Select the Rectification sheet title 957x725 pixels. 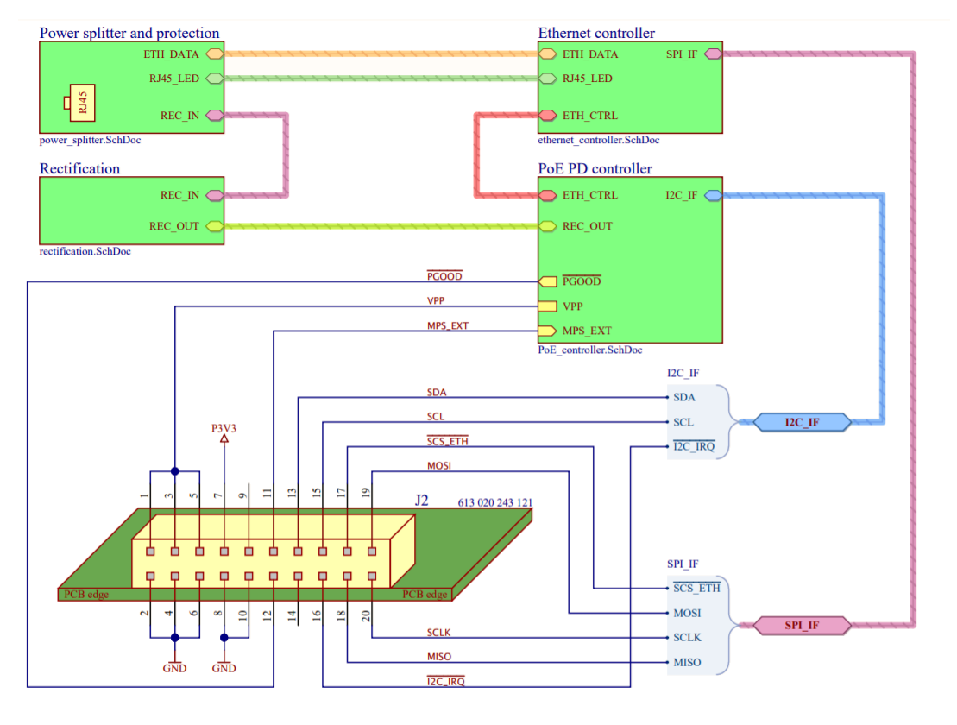pos(79,168)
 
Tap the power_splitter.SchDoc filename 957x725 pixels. pos(90,140)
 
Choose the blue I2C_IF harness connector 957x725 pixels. pos(802,422)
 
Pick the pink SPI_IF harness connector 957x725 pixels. pos(802,624)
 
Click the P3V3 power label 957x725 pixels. pos(224,428)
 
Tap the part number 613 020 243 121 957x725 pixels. pos(494,502)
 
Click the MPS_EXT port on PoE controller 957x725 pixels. pos(546,331)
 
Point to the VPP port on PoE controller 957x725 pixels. pos(546,306)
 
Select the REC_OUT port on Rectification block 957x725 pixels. pos(215,227)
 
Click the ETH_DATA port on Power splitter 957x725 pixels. pos(215,54)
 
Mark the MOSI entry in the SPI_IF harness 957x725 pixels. pos(686,614)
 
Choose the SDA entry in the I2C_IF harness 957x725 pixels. pos(684,398)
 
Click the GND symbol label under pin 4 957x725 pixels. pos(175,668)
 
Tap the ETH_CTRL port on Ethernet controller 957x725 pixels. pos(547,116)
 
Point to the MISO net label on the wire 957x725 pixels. pos(439,657)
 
